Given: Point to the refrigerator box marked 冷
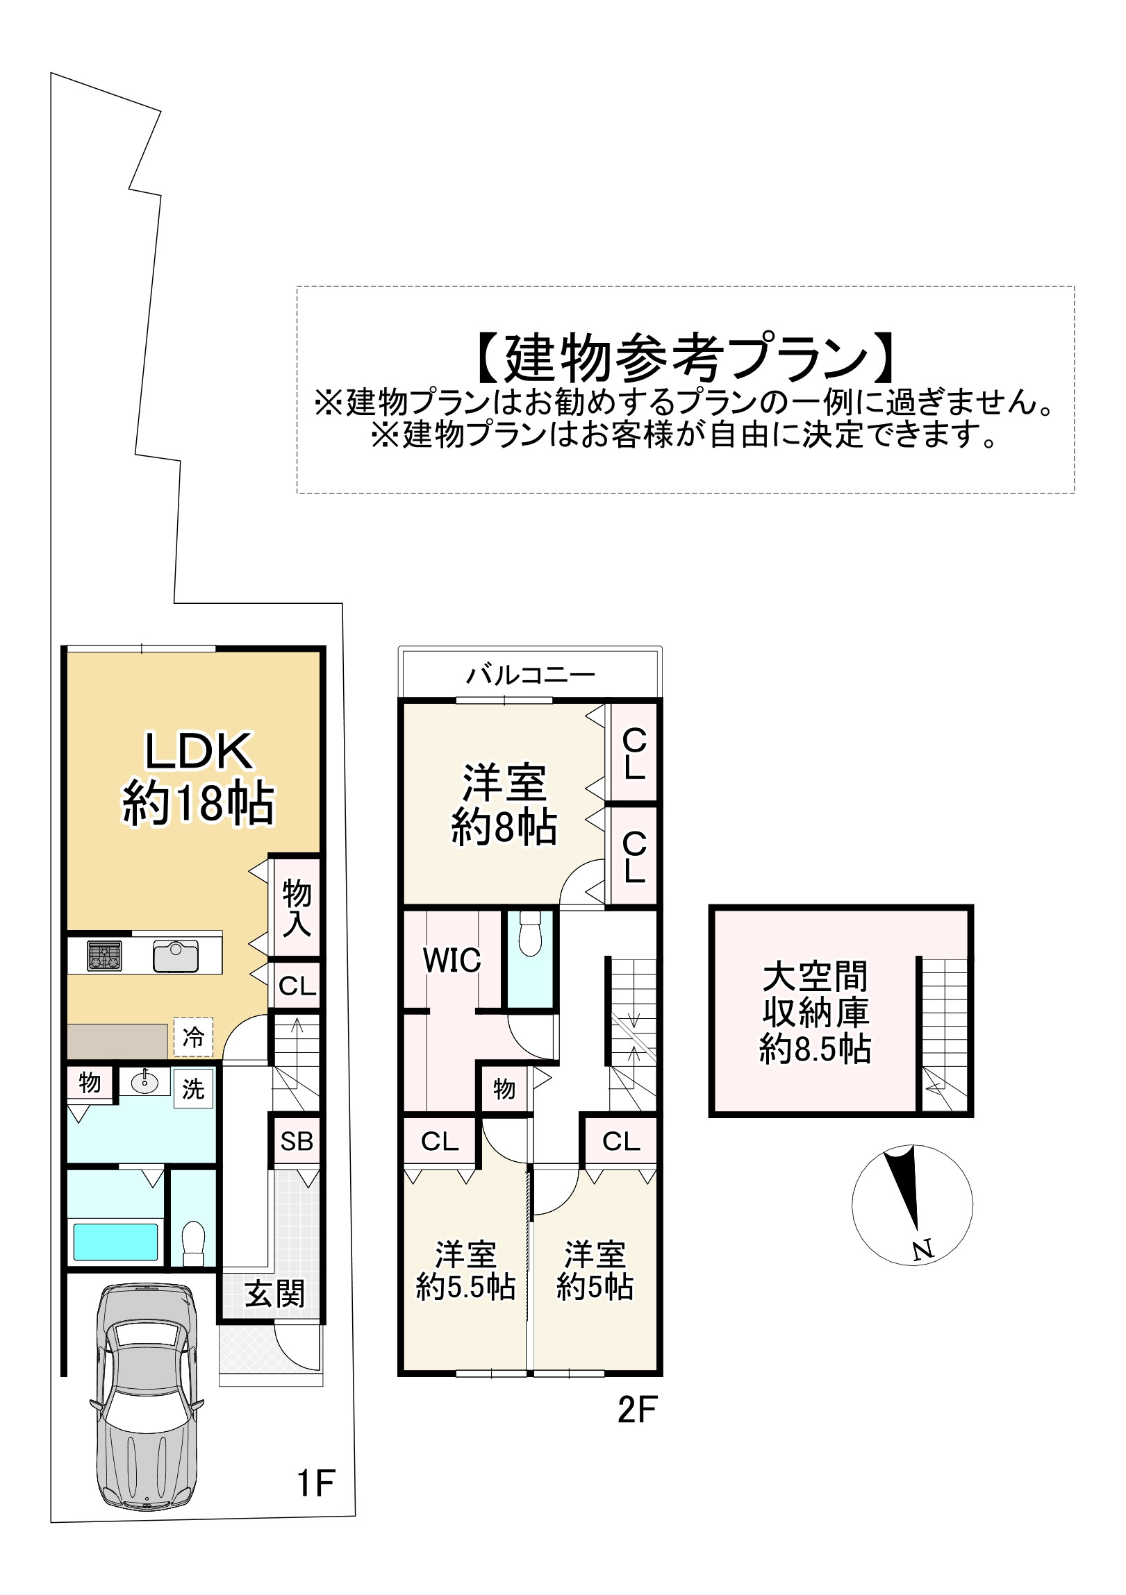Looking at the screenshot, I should click(192, 1038).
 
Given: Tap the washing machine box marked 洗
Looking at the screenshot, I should click(192, 1088).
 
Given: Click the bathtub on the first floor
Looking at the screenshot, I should click(115, 1242).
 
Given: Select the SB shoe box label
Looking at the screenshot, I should click(297, 1141).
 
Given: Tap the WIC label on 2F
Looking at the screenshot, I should click(452, 961).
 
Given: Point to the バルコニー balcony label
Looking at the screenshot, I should click(530, 675).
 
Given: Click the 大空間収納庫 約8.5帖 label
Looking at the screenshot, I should click(815, 1013).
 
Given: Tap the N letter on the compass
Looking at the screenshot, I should click(922, 1250).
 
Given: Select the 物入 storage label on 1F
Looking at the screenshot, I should click(296, 908).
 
